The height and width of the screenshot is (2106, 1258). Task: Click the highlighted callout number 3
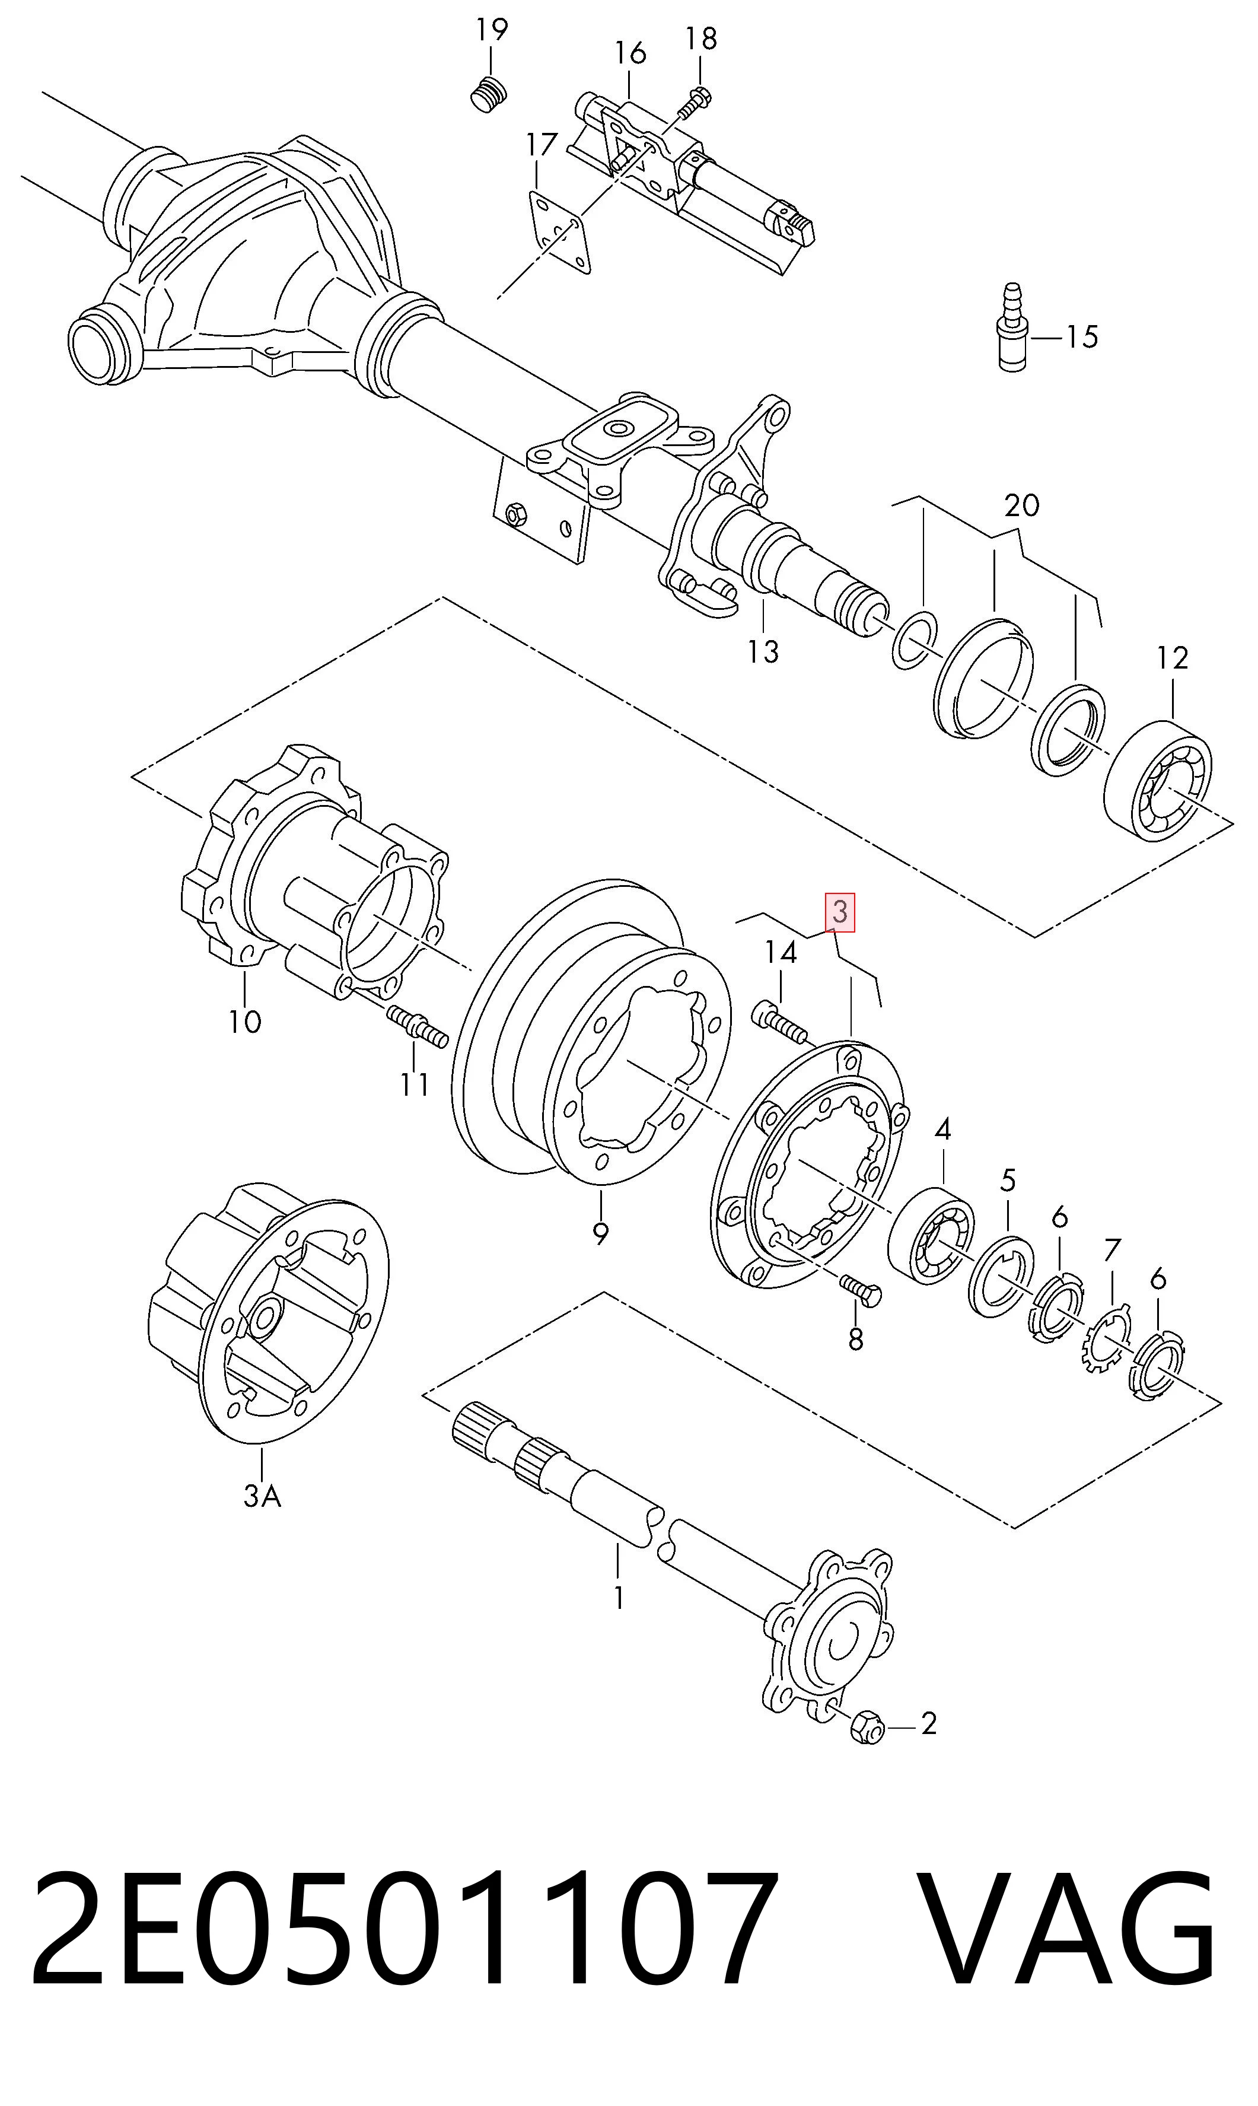840,912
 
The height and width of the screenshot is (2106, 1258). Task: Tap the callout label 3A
262,1496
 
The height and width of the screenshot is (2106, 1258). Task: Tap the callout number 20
1021,505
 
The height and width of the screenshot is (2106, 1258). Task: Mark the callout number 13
763,652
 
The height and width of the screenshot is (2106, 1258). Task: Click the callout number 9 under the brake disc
600,1233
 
